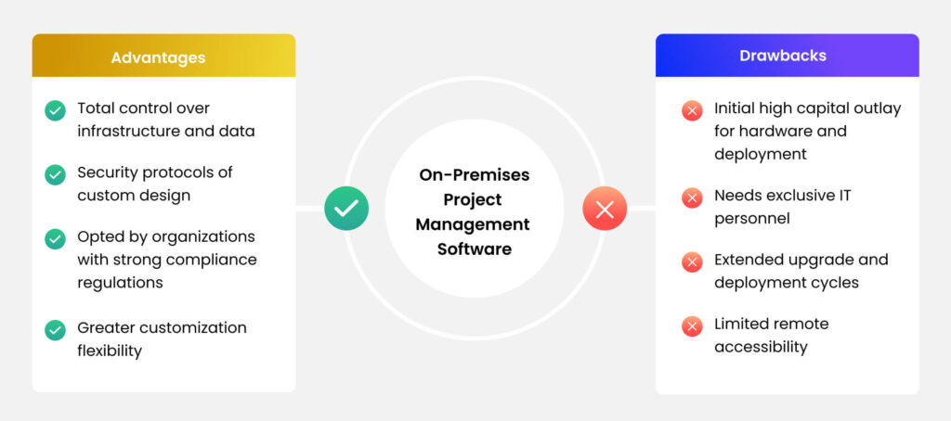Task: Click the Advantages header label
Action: pos(158,57)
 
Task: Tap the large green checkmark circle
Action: pos(346,209)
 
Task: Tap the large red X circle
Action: pos(605,209)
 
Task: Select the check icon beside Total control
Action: pos(55,110)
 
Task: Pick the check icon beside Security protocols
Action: pos(55,174)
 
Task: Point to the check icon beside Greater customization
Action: pos(55,329)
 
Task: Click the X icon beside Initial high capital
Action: pos(692,110)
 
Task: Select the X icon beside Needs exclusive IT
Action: pos(692,198)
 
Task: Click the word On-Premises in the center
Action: pos(473,175)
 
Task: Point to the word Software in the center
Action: pos(473,249)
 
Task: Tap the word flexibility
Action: pos(110,351)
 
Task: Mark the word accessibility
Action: pos(761,347)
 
